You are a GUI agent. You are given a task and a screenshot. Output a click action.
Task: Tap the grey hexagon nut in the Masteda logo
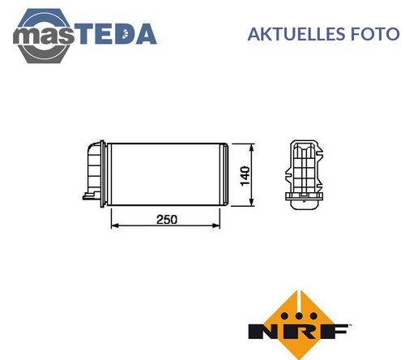click(43, 36)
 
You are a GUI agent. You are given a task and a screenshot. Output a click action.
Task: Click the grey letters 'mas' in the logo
click(43, 36)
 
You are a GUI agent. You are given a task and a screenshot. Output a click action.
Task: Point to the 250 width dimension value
click(167, 219)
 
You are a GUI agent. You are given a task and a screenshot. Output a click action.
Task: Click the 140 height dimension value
click(245, 176)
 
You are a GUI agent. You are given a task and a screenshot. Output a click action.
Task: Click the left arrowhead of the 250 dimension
click(115, 225)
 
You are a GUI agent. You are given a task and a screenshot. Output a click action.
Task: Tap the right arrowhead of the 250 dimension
click(216, 225)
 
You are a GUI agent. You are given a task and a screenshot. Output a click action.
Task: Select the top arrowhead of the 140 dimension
click(252, 148)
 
